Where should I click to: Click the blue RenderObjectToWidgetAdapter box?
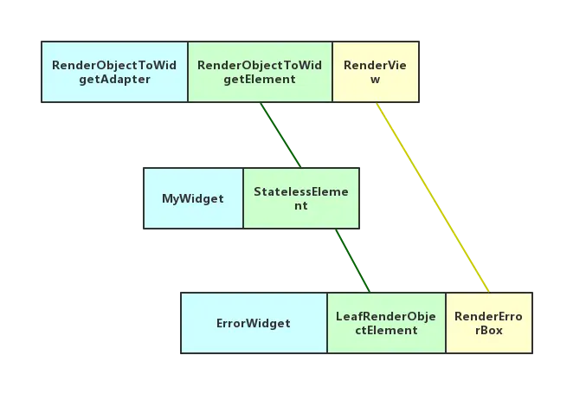coord(114,72)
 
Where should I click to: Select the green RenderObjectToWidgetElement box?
coord(260,72)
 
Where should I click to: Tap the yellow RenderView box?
coord(373,72)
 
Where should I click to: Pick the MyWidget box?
coord(193,198)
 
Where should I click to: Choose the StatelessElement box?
coord(300,198)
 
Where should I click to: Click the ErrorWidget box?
coord(254,323)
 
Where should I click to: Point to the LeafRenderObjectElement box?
coord(386,323)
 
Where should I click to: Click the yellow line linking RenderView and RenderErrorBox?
coord(433,197)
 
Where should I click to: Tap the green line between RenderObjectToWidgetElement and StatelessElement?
coord(280,134)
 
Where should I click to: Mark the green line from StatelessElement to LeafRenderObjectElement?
coord(351,260)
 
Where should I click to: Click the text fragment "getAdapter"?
coord(114,79)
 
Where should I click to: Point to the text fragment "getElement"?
coord(260,79)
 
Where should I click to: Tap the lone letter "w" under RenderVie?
coord(373,79)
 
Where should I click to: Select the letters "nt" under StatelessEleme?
coord(300,206)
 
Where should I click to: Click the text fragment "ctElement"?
coord(386,330)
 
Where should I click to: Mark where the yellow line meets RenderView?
coord(377,106)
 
